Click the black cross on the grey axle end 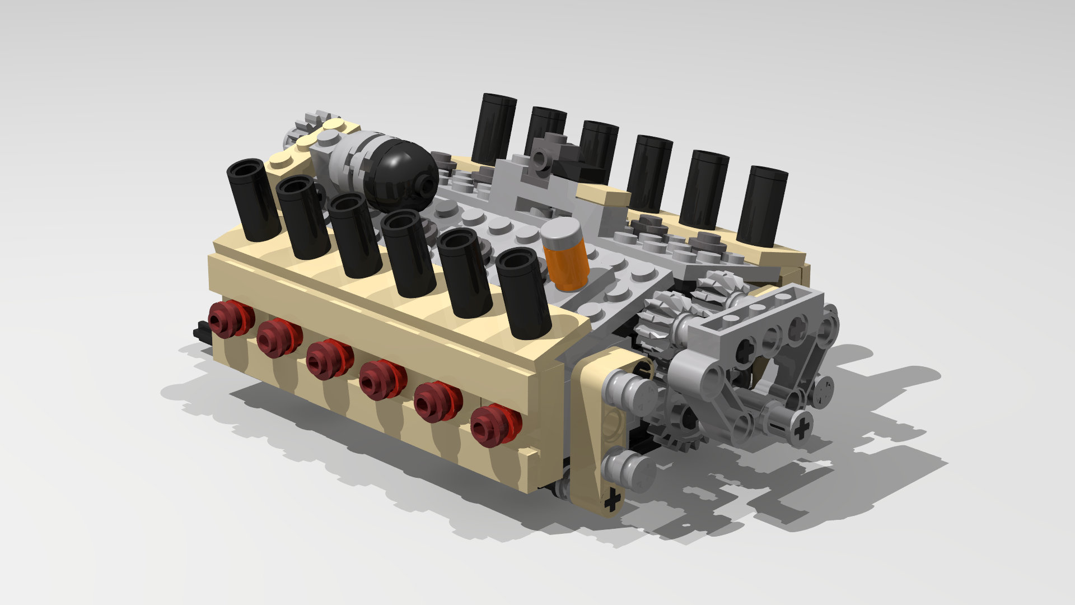pos(802,429)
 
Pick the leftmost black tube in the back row pos(493,129)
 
